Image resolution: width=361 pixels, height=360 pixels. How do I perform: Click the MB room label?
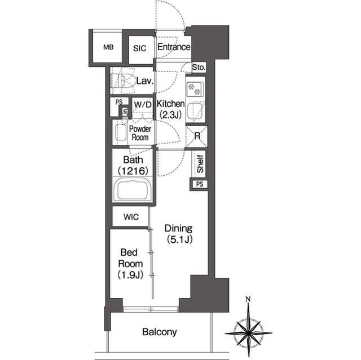pos(108,47)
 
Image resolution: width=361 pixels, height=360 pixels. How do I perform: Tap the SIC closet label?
pos(139,48)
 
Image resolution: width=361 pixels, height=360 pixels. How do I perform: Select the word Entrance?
pos(173,47)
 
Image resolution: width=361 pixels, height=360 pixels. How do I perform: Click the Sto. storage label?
pos(199,68)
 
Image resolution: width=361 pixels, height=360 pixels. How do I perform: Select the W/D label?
pos(143,105)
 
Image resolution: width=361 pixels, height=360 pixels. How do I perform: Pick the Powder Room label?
pos(139,133)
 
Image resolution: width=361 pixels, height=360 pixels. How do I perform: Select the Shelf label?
pos(200,164)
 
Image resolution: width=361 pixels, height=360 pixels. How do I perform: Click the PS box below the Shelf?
pos(199,184)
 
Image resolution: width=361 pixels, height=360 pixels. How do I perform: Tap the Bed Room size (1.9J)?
pos(130,275)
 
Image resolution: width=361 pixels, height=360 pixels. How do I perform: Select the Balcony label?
pos(160,332)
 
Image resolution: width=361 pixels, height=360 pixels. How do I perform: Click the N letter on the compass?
pos(248,299)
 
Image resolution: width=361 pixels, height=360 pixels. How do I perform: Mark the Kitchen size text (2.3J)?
pos(170,115)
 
